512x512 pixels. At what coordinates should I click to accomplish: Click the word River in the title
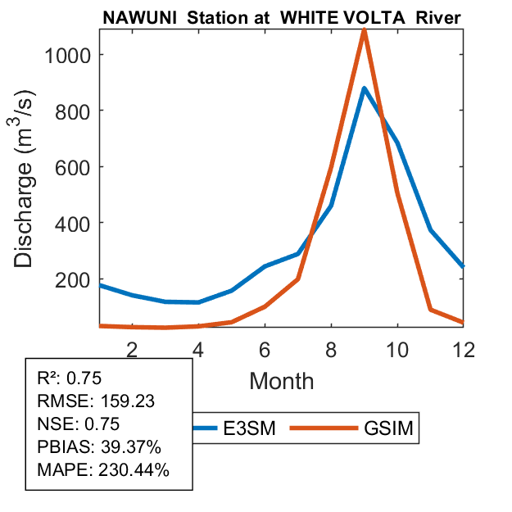point(438,18)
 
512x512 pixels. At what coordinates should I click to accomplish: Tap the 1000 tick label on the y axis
point(62,55)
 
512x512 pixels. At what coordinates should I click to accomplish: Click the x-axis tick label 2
point(132,349)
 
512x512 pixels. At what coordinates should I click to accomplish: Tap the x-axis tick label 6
point(265,349)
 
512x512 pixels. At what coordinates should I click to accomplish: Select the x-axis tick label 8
point(331,349)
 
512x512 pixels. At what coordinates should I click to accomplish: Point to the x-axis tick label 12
point(464,349)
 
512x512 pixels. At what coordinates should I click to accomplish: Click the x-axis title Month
point(281,380)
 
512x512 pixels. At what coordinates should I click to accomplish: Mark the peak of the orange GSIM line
point(364,31)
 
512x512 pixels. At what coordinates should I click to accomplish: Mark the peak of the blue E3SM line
point(364,88)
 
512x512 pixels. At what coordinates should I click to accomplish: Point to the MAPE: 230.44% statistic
point(103,470)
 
